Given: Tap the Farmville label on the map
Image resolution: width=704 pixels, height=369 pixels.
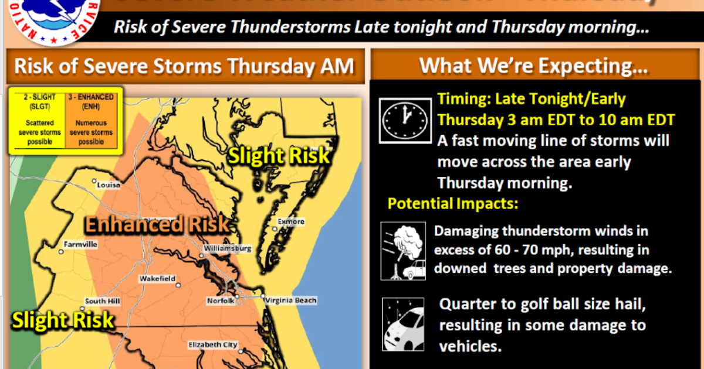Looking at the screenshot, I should [x=81, y=244].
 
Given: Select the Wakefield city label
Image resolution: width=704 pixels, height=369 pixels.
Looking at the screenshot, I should [x=157, y=279].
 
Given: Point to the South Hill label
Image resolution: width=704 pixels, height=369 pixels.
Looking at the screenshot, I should [x=103, y=301].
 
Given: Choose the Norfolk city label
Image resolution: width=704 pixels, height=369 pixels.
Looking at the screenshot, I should [x=221, y=300].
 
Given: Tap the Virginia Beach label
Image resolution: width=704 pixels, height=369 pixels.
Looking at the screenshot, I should [x=291, y=300].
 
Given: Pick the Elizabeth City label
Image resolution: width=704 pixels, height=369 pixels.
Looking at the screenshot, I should [x=212, y=345].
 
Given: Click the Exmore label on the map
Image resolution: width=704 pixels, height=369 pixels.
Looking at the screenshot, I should [x=292, y=221].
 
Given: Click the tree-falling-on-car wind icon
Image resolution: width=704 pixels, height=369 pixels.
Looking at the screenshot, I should [x=402, y=251].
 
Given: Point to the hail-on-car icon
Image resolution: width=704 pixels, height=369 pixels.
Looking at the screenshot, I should [x=402, y=324].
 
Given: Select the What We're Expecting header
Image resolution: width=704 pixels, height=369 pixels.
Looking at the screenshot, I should [x=533, y=66].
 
